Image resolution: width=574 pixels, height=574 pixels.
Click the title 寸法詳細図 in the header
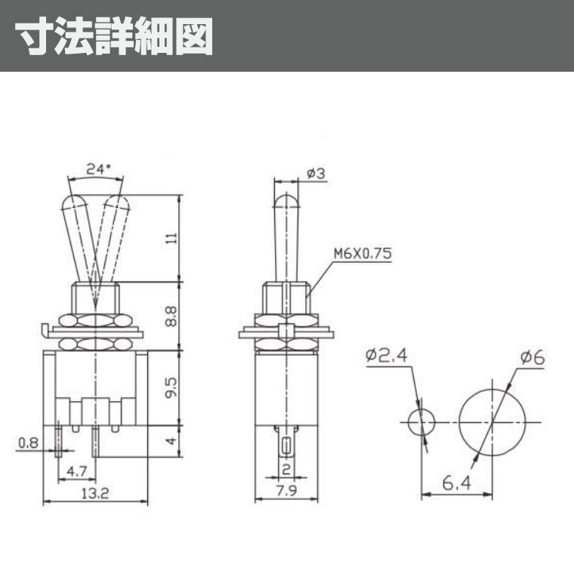(114, 35)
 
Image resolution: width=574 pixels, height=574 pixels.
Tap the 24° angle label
(97, 170)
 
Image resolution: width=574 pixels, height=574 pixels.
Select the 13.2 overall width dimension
(95, 494)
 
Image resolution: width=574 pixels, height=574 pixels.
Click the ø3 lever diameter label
(316, 174)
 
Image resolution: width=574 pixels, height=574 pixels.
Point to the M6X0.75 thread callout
(363, 255)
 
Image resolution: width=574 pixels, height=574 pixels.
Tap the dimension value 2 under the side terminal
(285, 470)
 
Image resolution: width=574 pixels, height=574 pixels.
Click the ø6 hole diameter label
(532, 357)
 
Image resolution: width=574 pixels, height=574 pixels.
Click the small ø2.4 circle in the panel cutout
(420, 422)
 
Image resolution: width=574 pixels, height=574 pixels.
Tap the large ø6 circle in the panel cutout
(491, 421)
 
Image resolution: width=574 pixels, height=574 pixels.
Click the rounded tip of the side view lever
(285, 202)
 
